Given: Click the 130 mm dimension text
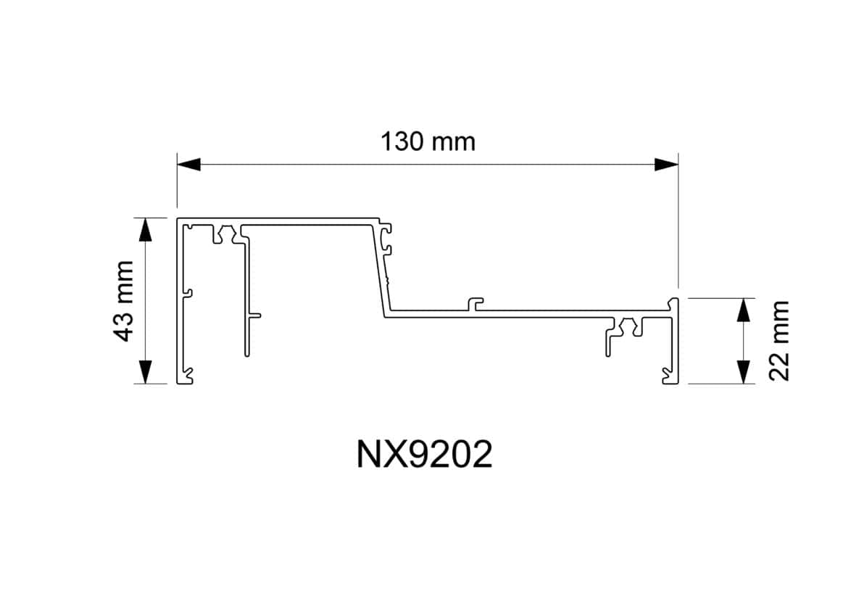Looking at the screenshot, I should (x=428, y=141).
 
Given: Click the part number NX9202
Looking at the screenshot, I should (x=424, y=455).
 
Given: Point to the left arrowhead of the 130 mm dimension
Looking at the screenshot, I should (x=189, y=165).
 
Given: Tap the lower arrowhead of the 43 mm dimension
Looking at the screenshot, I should (x=146, y=371).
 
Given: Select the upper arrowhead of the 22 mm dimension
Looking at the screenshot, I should (x=743, y=310).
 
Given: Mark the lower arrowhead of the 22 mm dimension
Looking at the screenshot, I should (x=743, y=371).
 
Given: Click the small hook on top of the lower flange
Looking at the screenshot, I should (x=475, y=302).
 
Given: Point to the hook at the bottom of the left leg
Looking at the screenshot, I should (x=188, y=375).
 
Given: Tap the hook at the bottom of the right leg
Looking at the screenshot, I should (x=667, y=375).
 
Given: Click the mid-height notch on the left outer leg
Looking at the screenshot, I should (x=187, y=294).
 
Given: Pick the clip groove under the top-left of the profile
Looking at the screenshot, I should (x=225, y=234).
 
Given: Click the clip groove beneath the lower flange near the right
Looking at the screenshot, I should (x=626, y=327).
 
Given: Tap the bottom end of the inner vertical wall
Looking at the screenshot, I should (x=246, y=355).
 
